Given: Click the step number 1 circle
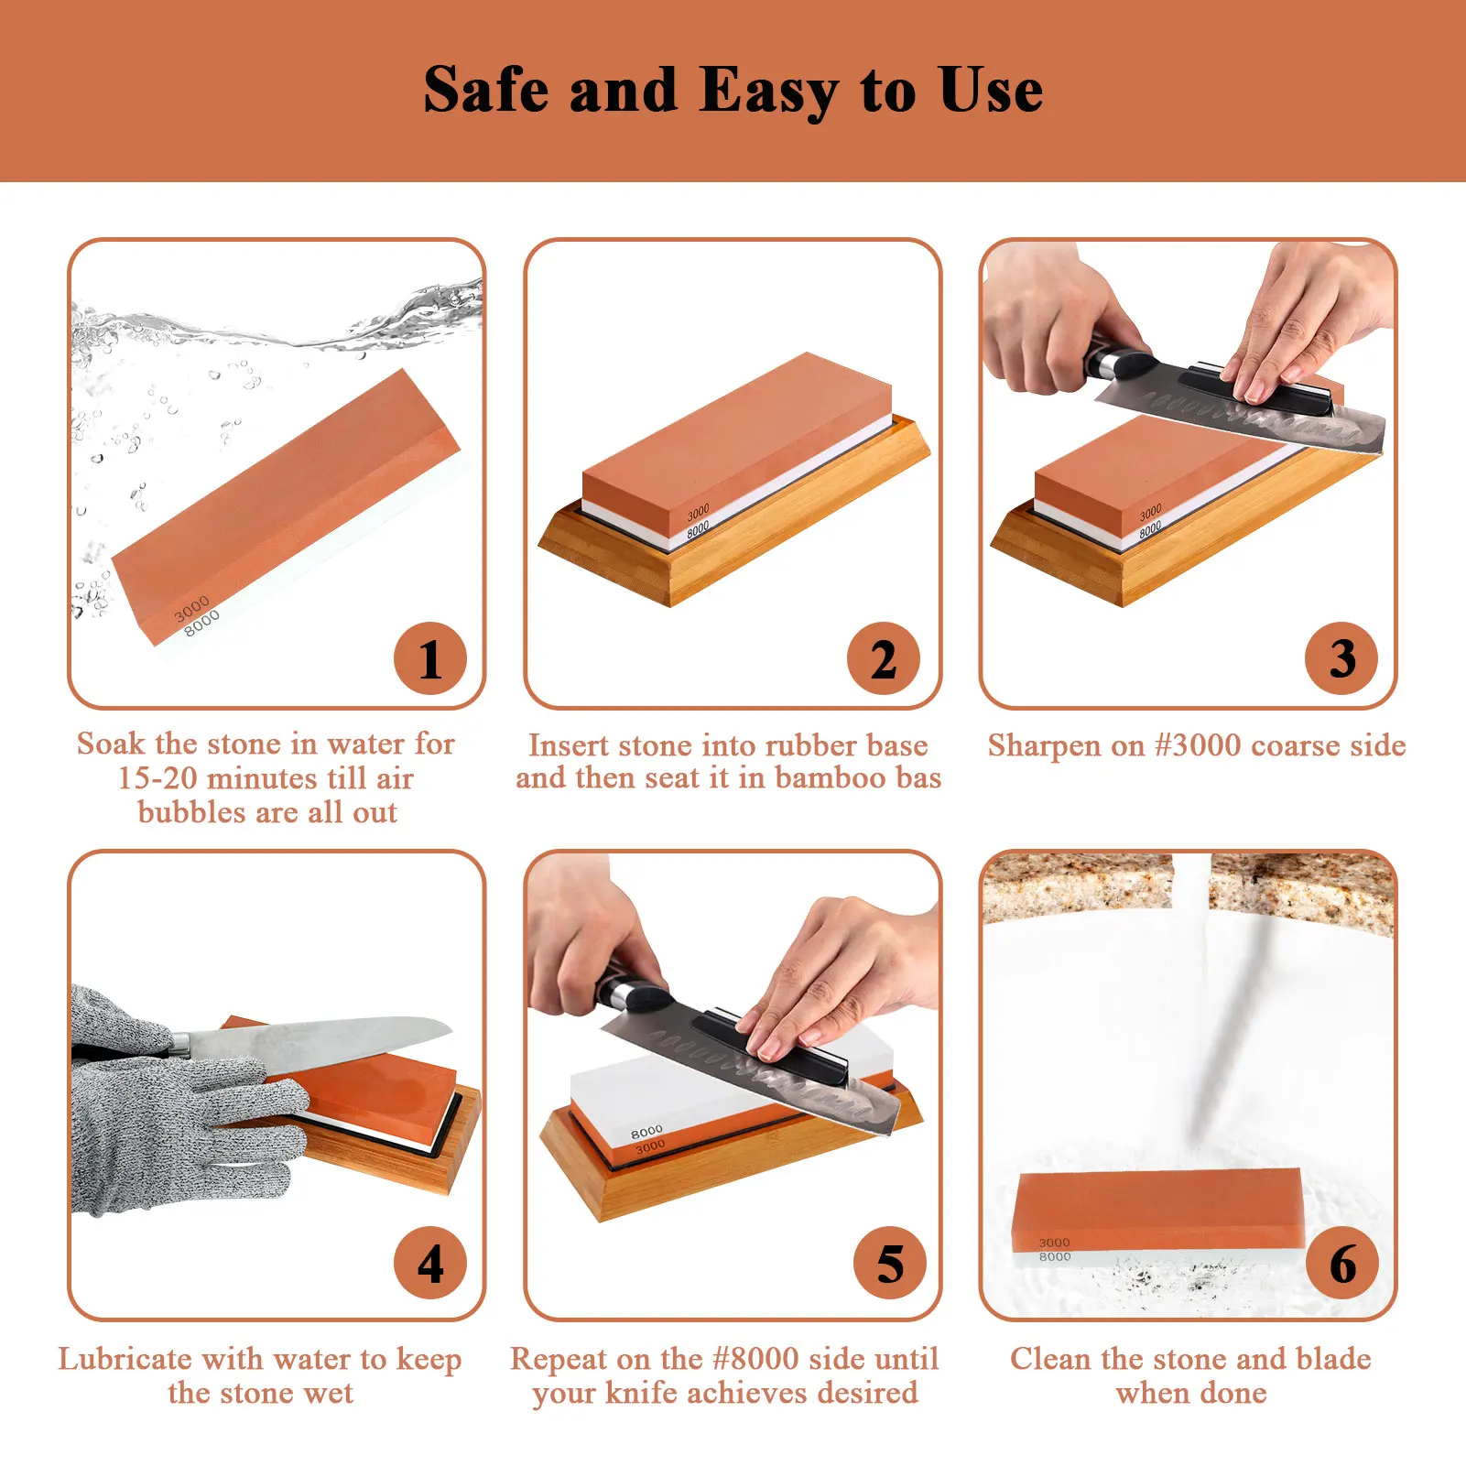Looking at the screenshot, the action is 429,658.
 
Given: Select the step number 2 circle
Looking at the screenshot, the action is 884,658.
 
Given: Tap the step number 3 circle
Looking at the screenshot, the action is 1341,658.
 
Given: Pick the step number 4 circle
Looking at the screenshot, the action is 430,1263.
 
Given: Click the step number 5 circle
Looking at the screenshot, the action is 890,1263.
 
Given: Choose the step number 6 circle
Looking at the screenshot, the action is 1342,1263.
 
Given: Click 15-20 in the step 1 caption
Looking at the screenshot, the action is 157,778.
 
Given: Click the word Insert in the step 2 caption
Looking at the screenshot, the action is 569,745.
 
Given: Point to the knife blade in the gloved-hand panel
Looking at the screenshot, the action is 320,1044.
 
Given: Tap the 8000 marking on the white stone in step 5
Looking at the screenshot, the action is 646,1132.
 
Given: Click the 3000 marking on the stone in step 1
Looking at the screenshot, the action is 192,607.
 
